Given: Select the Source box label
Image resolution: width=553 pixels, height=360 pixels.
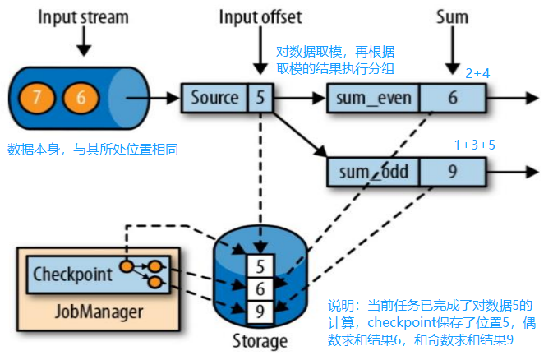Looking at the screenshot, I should coord(214,99).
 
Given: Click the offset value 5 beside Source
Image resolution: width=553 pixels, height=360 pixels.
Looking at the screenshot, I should coord(259,99).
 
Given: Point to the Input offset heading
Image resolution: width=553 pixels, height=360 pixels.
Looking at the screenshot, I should coord(259,17).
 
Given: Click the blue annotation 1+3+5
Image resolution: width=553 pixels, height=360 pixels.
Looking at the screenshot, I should coord(476,145).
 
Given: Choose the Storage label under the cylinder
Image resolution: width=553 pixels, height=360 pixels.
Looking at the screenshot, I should coord(259,340).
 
